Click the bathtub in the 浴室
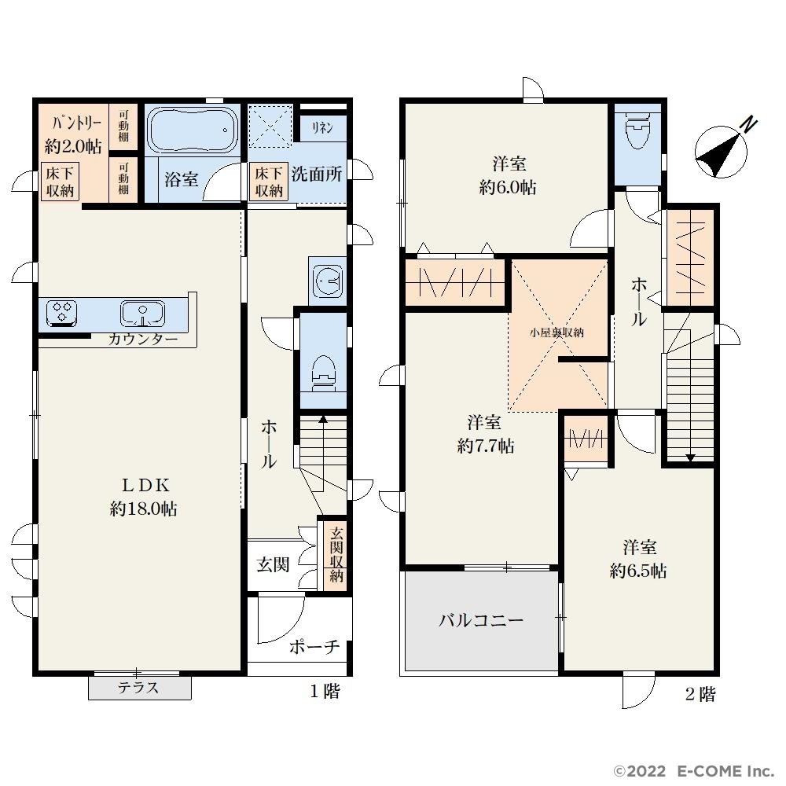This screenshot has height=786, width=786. (x=193, y=130)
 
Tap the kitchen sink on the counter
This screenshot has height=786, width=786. (x=143, y=314)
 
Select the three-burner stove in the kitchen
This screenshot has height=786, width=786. (x=61, y=314)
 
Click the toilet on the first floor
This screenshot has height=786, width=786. (x=323, y=373)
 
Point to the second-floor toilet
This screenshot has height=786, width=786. (x=637, y=130)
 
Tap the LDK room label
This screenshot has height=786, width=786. (x=146, y=485)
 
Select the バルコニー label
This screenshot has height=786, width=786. (x=481, y=621)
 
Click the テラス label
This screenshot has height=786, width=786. (x=138, y=687)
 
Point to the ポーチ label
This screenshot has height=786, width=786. (x=314, y=647)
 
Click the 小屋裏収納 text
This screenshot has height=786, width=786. (x=556, y=332)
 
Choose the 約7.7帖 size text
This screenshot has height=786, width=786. (x=485, y=446)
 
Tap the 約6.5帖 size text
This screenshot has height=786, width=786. (x=638, y=571)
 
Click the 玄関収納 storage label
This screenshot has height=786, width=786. (x=336, y=554)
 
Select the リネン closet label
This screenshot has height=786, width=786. (x=322, y=128)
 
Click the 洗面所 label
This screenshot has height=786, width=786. (x=317, y=174)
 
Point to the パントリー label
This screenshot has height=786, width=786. (x=77, y=123)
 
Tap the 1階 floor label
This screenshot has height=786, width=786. (x=325, y=691)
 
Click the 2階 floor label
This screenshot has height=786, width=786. (x=700, y=694)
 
